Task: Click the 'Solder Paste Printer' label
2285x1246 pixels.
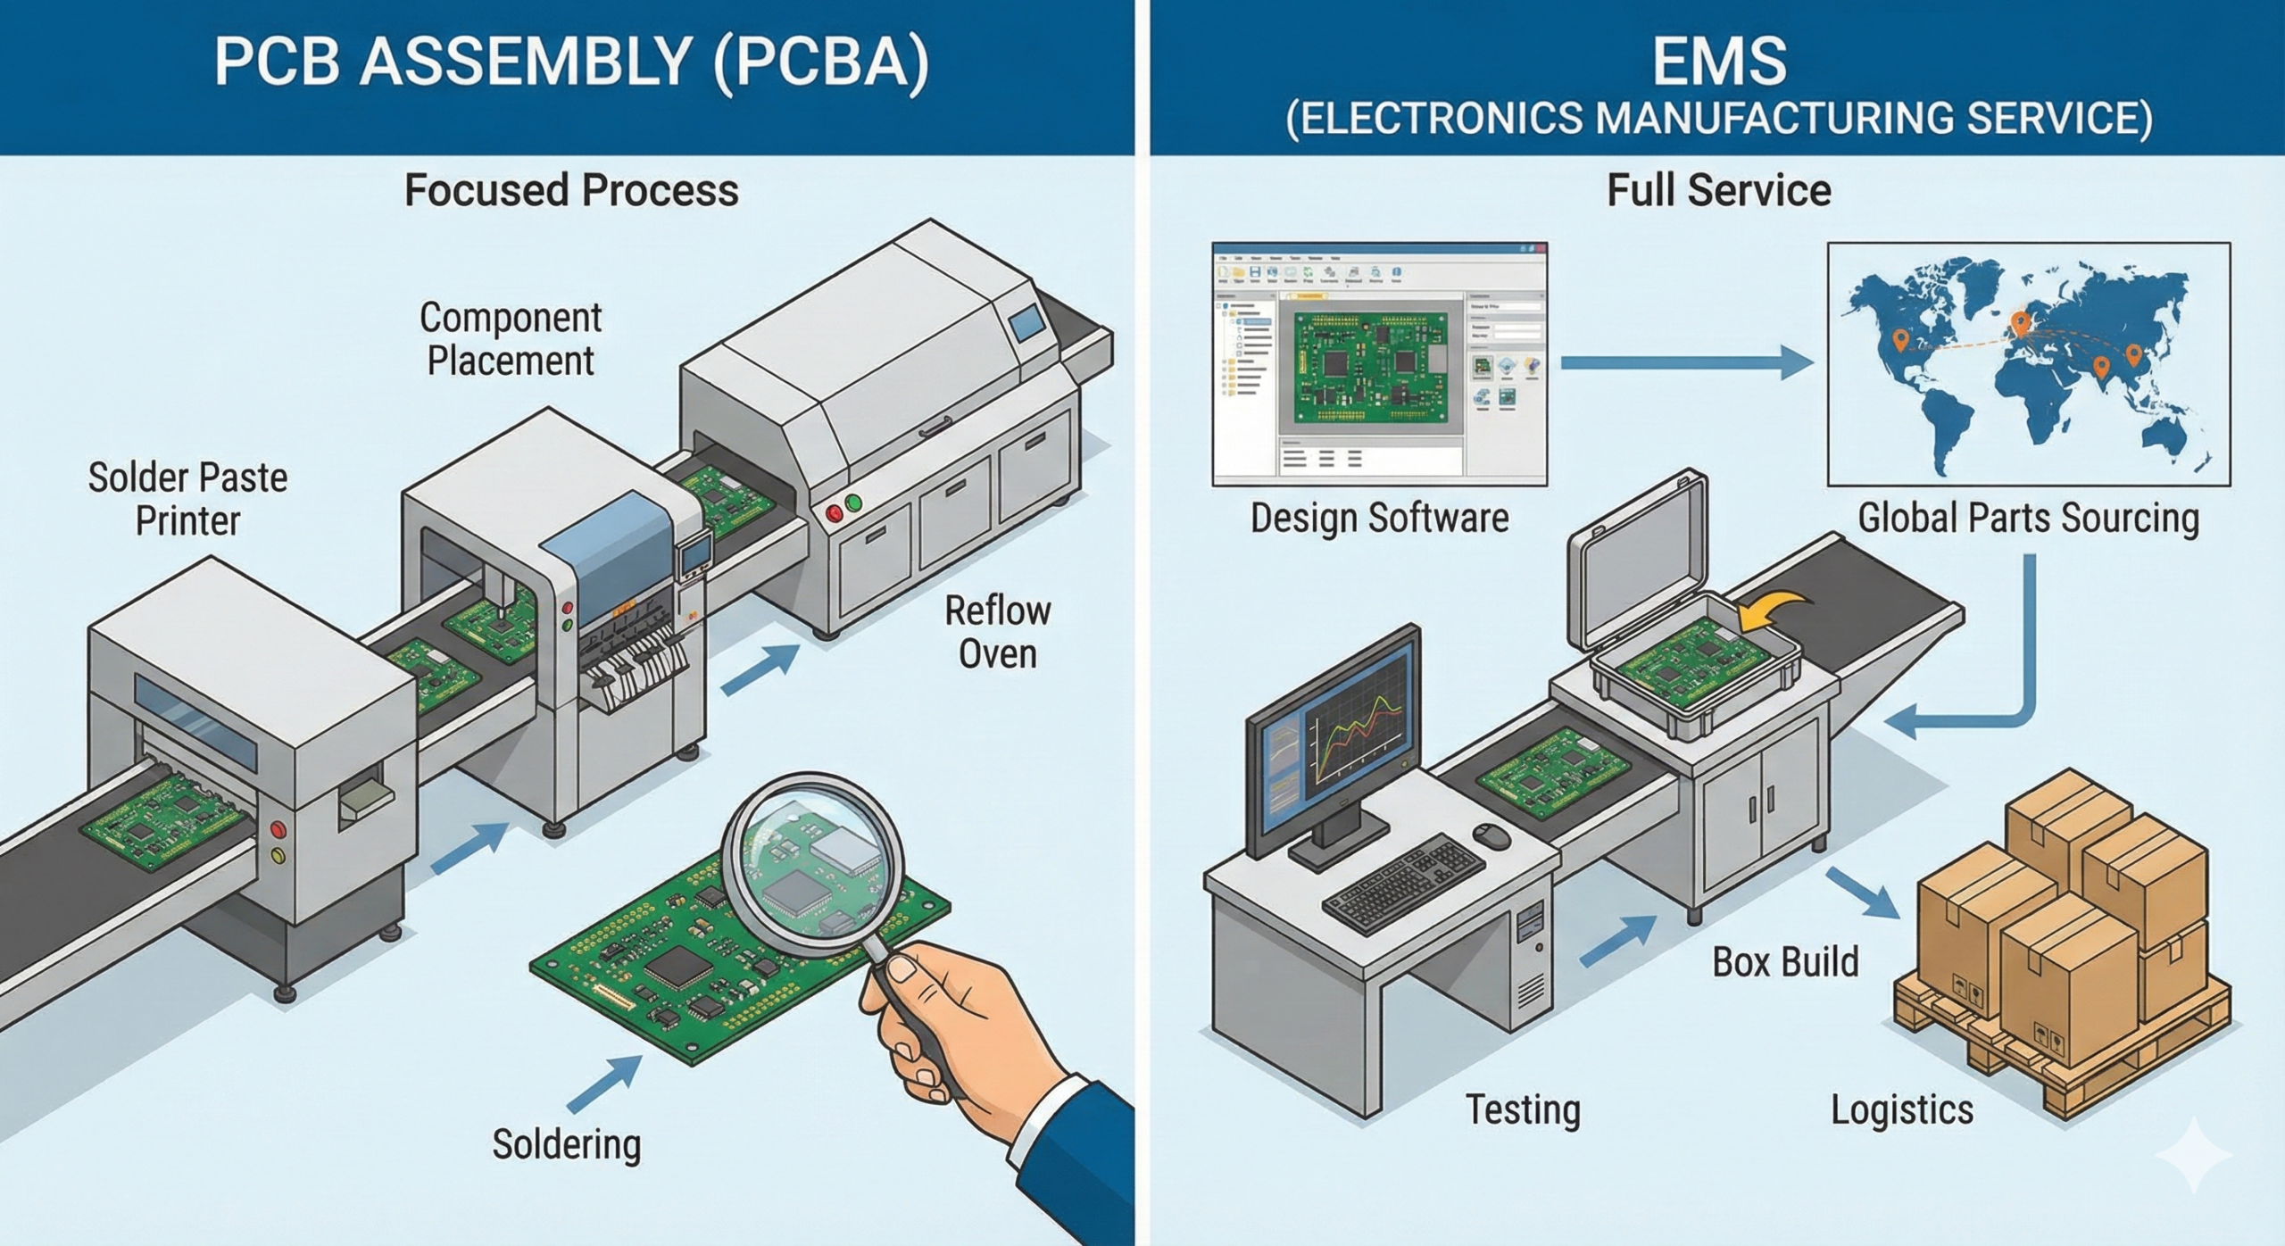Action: (x=187, y=500)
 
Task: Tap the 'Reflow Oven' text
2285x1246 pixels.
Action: (x=997, y=633)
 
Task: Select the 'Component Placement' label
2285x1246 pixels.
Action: (x=511, y=339)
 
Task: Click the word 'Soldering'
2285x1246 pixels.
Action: (x=567, y=1144)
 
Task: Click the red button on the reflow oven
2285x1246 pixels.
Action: (x=835, y=512)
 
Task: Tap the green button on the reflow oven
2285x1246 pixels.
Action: (x=854, y=503)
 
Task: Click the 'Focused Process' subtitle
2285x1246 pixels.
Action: (x=571, y=190)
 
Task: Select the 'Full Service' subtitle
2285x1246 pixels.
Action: (x=1718, y=190)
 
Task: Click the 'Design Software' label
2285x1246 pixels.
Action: (x=1379, y=518)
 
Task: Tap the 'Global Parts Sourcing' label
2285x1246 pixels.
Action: (x=2028, y=518)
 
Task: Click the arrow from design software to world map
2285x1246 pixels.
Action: (x=1687, y=362)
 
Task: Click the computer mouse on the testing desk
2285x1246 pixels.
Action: (x=1491, y=836)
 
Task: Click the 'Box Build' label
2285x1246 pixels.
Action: (x=1785, y=962)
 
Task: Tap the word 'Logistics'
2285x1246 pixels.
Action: (x=1902, y=1109)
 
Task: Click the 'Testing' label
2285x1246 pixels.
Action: (x=1523, y=1109)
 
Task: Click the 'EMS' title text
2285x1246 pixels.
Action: (x=1718, y=61)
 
